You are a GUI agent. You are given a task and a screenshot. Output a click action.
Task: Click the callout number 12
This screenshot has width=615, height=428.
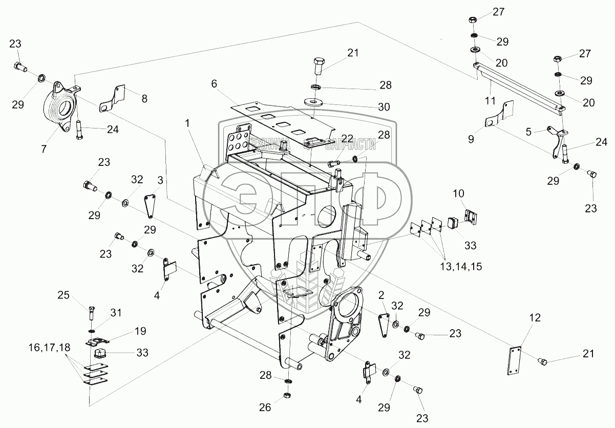click(x=535, y=317)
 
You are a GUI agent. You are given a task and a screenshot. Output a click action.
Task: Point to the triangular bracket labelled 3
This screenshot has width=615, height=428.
click(x=150, y=205)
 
